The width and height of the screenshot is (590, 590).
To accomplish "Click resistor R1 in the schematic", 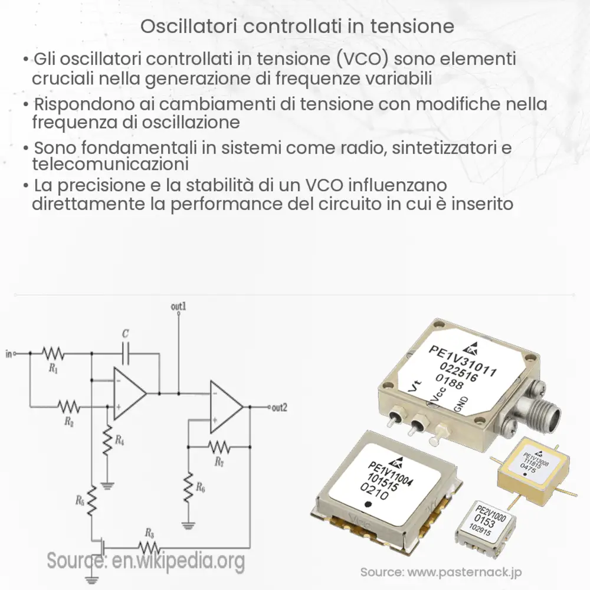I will [53, 353].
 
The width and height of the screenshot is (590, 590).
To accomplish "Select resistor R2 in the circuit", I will [68, 406].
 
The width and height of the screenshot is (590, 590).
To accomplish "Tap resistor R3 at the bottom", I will [147, 546].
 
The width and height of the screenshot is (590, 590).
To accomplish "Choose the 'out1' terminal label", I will [179, 307].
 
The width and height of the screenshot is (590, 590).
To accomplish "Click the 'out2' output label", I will [279, 407].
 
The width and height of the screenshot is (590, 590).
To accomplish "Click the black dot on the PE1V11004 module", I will [368, 504].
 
